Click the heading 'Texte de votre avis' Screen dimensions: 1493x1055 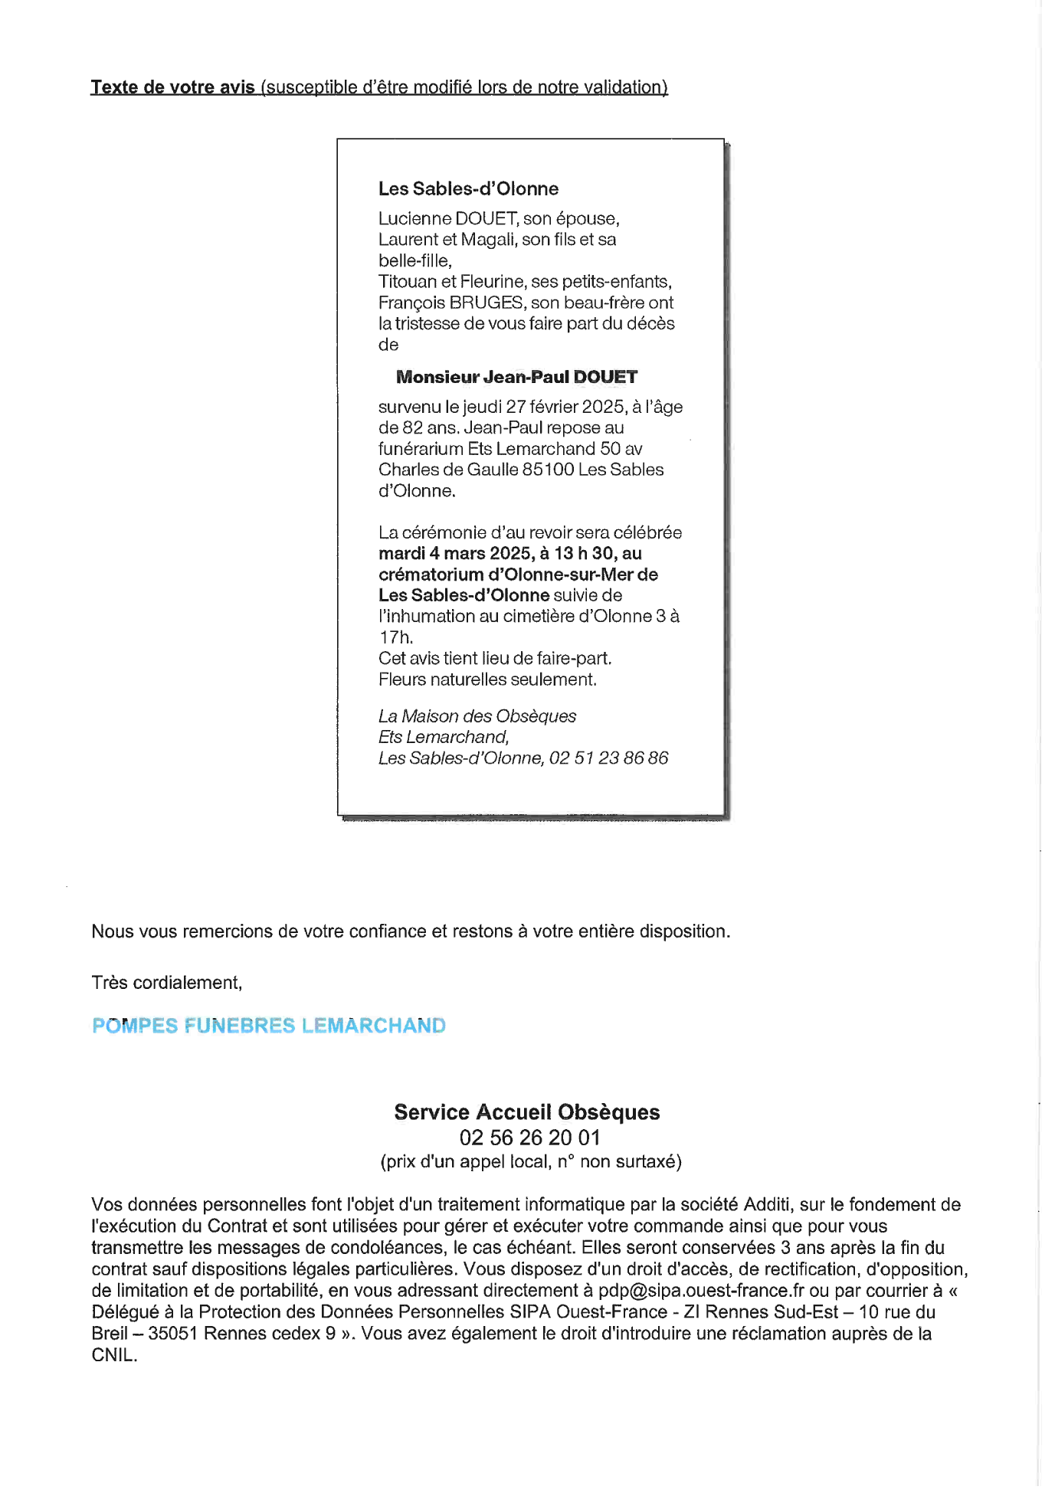172,87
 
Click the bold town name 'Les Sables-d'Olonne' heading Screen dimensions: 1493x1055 468,189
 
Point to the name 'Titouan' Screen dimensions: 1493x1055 407,282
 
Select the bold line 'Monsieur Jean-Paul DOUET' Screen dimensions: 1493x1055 516,377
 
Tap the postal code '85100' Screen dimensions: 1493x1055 548,470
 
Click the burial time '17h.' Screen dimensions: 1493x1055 396,637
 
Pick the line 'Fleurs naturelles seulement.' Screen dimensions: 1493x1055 487,679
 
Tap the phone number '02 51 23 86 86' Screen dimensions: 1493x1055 608,758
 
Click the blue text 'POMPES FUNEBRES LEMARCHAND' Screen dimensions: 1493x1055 269,1026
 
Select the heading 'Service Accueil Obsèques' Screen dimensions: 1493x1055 527,1112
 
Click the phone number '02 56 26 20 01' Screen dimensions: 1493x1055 529,1138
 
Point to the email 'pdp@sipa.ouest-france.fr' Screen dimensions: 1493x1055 701,1291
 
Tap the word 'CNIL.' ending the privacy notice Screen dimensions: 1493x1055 114,1355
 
